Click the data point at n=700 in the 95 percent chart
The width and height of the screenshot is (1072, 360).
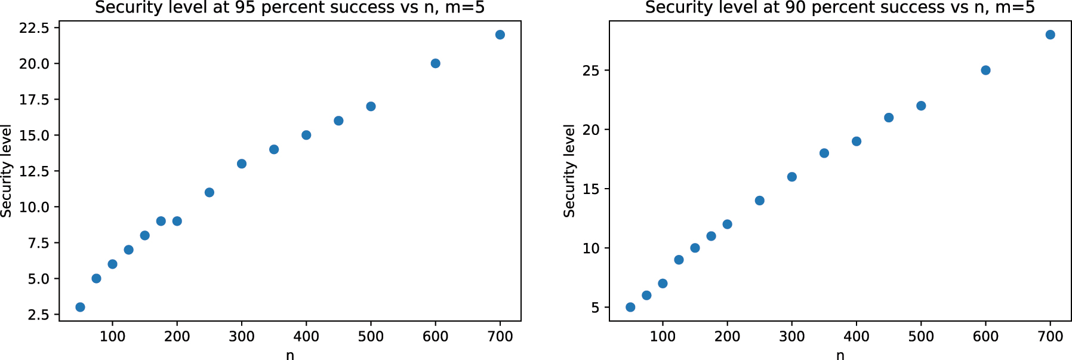pos(500,35)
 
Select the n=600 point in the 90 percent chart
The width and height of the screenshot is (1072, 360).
pos(985,70)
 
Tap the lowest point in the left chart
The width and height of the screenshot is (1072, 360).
pos(80,307)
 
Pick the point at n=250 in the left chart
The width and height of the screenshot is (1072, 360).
pos(210,192)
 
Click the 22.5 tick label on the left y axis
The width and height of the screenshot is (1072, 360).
pos(35,28)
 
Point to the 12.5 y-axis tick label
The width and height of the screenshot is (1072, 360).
pos(35,171)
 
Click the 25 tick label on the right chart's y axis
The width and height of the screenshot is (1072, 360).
pos(591,70)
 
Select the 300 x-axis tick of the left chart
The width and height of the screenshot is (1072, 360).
pos(242,337)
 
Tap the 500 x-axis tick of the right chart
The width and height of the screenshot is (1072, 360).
pos(921,337)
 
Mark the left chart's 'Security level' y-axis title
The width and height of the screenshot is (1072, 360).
pos(7,171)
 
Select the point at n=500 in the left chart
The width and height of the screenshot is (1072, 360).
pos(371,106)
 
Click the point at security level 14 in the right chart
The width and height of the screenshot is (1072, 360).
pos(759,201)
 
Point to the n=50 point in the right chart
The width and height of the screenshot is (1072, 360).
pos(630,307)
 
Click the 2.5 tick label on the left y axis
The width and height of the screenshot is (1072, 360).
pos(39,315)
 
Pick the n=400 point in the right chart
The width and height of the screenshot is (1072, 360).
pos(857,141)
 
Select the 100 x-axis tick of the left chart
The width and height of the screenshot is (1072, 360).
pos(112,337)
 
